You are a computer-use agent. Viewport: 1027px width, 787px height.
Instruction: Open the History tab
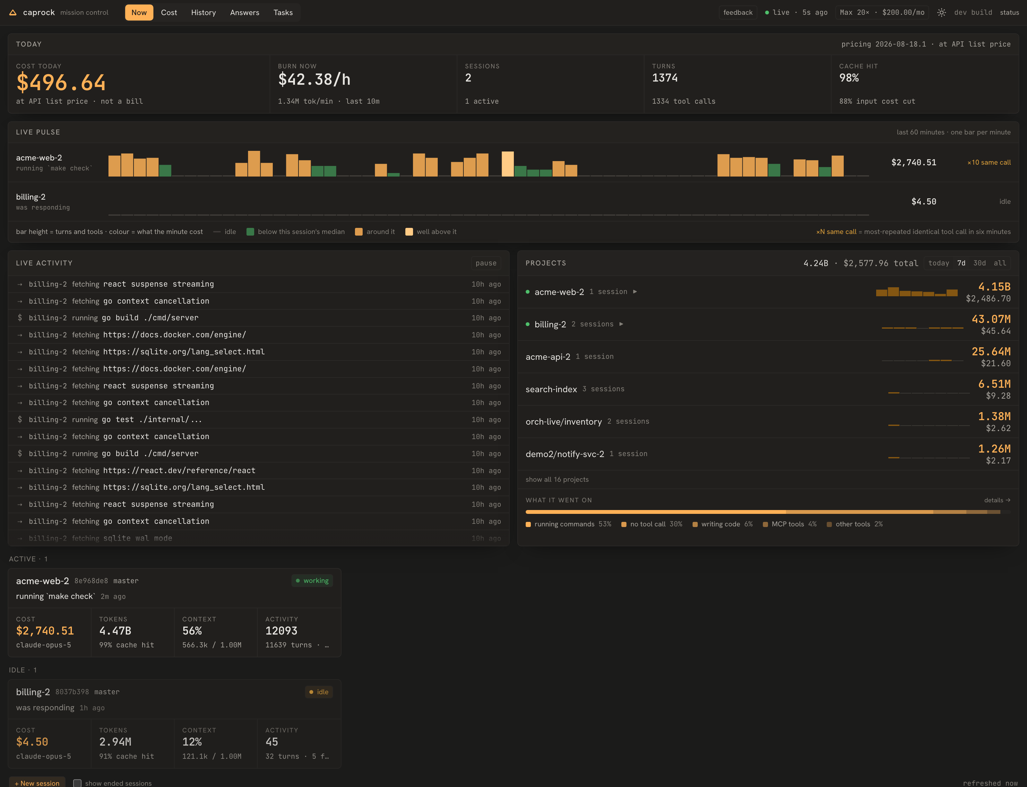coord(203,13)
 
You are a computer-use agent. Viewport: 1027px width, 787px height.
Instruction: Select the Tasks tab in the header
coord(283,13)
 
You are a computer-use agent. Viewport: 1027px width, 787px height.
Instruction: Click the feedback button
coord(738,13)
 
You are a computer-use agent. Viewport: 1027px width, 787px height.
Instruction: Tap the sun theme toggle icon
coord(941,13)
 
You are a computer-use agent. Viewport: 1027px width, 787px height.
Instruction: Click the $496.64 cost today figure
coord(61,83)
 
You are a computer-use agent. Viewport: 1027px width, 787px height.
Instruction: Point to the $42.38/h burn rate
coord(314,80)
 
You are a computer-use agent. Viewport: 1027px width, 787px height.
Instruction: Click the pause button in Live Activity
coord(486,263)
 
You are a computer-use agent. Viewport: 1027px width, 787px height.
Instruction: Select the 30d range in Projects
coord(979,263)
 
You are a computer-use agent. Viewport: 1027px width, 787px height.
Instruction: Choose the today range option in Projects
coord(938,263)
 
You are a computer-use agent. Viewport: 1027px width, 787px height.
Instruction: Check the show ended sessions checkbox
coord(77,783)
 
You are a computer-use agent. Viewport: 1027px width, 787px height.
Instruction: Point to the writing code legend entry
coord(722,524)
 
